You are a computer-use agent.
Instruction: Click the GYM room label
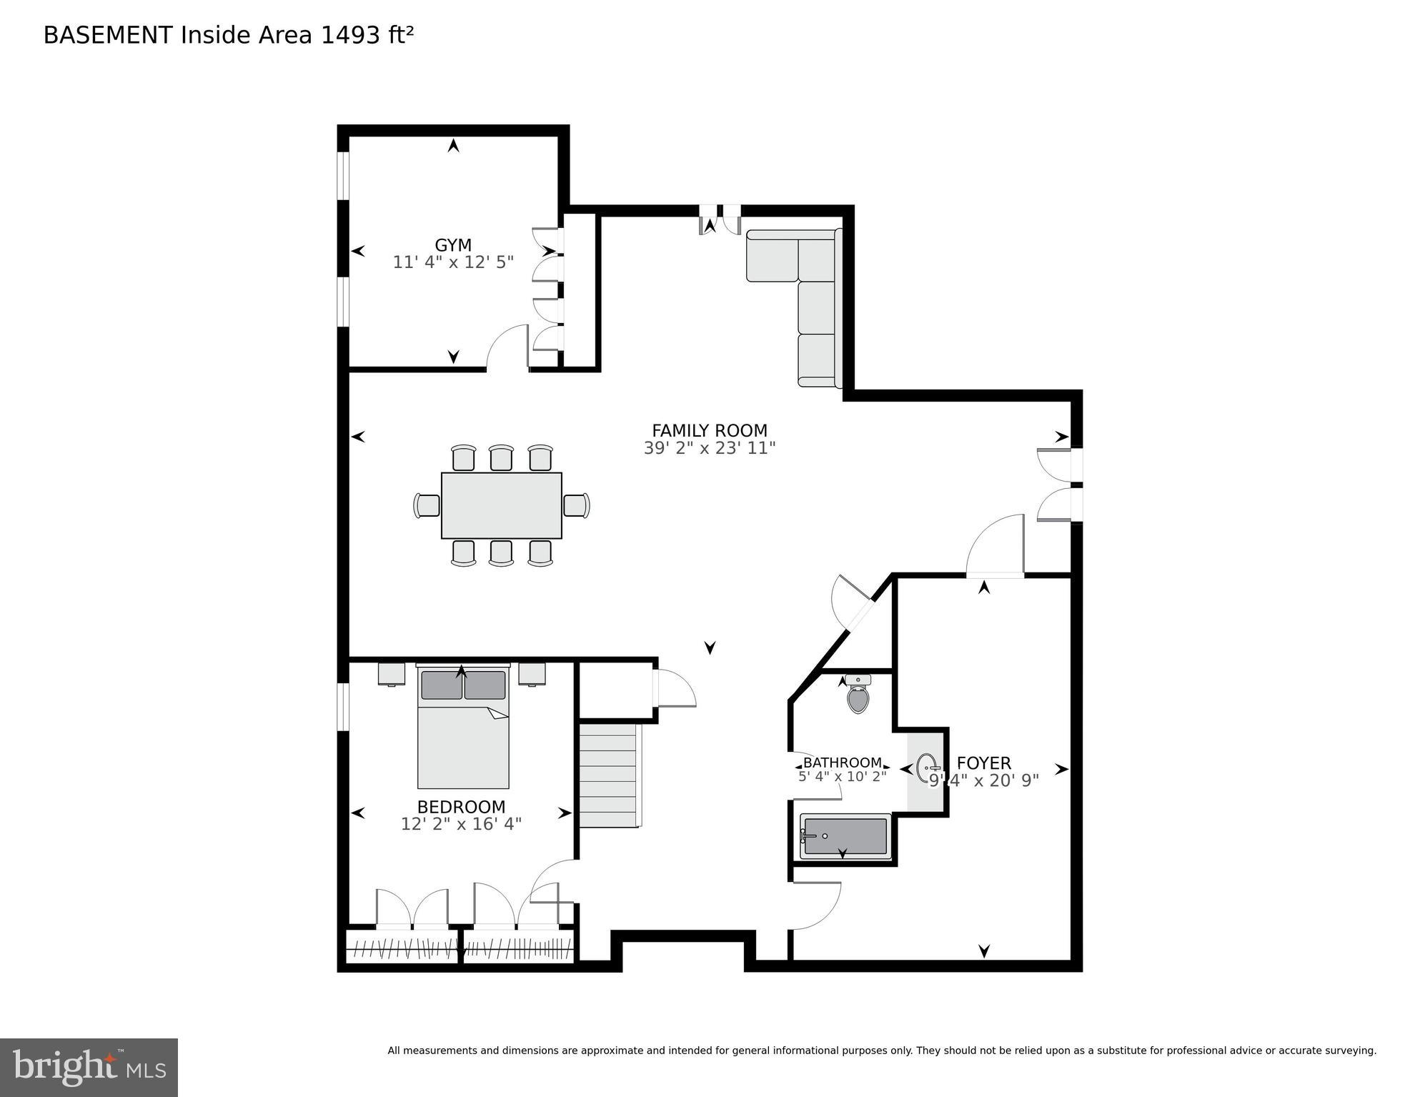point(453,245)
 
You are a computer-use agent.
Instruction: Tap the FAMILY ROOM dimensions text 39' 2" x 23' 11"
point(709,448)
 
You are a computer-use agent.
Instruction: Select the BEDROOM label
point(461,807)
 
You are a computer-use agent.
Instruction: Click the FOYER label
point(983,763)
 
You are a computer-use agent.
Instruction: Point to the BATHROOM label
point(842,763)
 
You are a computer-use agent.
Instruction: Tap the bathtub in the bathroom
point(845,836)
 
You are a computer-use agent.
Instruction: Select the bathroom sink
point(927,769)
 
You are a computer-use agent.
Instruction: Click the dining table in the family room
point(501,505)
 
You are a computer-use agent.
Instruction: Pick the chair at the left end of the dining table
point(427,505)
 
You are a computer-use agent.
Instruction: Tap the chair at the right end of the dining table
point(576,505)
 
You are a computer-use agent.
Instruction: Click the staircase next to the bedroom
point(607,775)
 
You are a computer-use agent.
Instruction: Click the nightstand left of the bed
point(391,674)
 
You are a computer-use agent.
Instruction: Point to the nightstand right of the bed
point(532,674)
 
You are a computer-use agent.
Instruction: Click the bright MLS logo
point(89,1068)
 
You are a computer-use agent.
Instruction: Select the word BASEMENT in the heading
point(108,35)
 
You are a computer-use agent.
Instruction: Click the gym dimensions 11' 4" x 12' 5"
point(453,262)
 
